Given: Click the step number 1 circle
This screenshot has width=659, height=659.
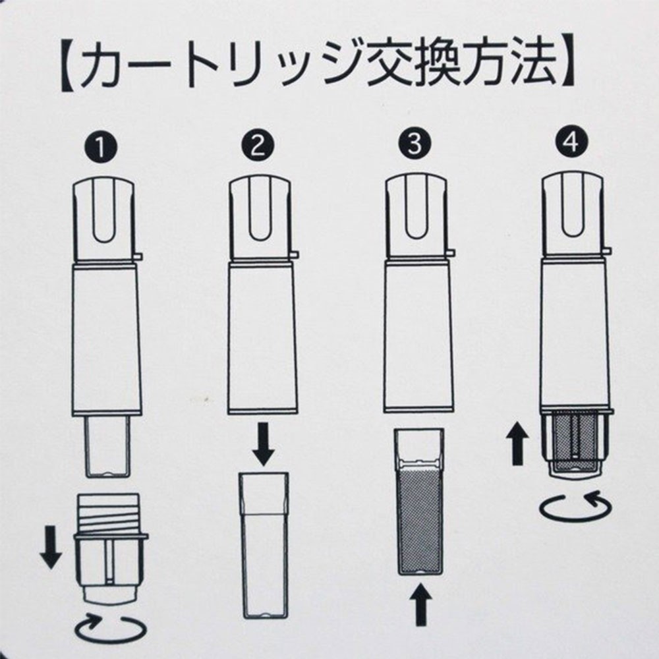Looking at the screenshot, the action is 100,147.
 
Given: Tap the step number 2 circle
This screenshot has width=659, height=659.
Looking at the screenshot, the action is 258,146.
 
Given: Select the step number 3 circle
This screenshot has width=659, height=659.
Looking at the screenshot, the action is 415,144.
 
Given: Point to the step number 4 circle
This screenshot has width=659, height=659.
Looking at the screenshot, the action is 571,142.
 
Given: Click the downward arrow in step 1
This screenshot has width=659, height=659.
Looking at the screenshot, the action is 51,547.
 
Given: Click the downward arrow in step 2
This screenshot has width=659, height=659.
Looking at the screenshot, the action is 264,444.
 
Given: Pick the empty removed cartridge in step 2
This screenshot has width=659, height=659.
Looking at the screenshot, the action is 264,546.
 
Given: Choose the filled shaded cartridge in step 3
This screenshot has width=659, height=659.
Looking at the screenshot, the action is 420,501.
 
